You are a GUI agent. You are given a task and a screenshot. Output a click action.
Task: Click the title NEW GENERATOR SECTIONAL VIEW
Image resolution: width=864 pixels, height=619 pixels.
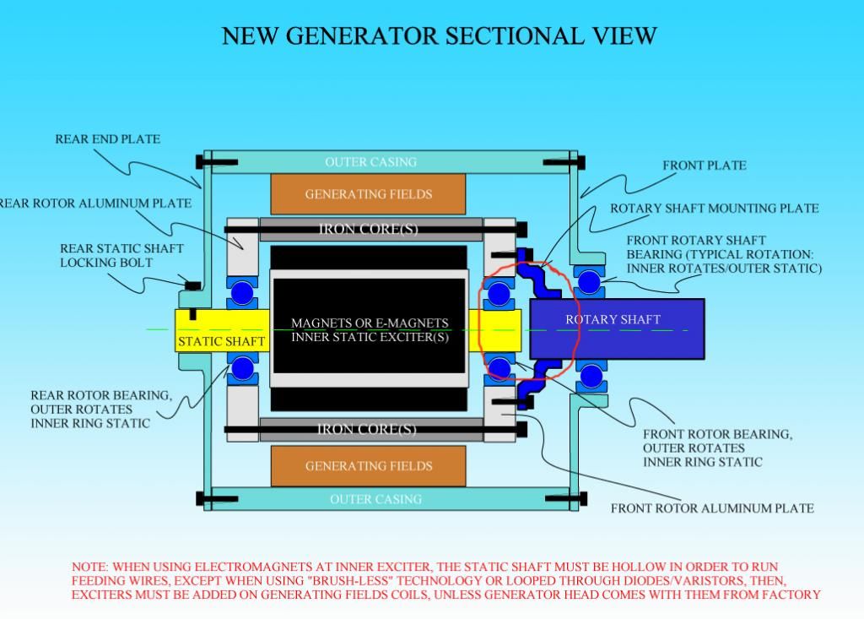click(439, 36)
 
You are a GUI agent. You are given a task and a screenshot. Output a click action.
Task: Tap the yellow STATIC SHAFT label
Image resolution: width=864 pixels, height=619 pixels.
click(221, 341)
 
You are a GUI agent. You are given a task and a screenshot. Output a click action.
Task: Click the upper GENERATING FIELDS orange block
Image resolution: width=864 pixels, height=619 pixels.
click(368, 194)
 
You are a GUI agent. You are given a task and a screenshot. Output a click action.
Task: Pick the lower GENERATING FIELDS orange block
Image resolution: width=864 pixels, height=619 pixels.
click(368, 465)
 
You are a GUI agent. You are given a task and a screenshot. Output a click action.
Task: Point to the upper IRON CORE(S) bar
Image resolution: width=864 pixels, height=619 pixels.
click(368, 229)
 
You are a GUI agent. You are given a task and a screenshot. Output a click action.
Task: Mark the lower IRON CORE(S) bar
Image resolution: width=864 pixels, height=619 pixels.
click(368, 429)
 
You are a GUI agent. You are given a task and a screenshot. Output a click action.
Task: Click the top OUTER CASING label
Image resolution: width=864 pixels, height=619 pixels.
click(370, 161)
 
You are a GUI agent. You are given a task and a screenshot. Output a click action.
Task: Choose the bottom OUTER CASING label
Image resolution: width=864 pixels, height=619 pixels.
click(375, 499)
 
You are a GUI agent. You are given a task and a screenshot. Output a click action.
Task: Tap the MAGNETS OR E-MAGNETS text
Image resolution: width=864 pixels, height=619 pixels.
click(370, 323)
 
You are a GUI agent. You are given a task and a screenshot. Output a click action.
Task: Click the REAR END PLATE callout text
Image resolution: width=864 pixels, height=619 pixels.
click(107, 139)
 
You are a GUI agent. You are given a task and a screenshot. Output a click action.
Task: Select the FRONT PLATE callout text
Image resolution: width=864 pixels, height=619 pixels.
click(704, 166)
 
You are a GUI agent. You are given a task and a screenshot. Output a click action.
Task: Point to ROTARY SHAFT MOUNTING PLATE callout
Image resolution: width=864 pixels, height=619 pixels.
click(714, 209)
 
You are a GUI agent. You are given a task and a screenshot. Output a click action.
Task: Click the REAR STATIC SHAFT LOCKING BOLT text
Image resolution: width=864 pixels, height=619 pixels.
click(121, 256)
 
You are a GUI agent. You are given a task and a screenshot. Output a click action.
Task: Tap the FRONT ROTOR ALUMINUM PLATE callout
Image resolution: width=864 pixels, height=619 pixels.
click(712, 508)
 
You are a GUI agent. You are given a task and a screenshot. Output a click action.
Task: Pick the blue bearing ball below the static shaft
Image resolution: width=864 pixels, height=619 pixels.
click(243, 367)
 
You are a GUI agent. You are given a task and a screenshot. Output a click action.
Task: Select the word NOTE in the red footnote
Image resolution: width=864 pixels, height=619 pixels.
click(89, 567)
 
